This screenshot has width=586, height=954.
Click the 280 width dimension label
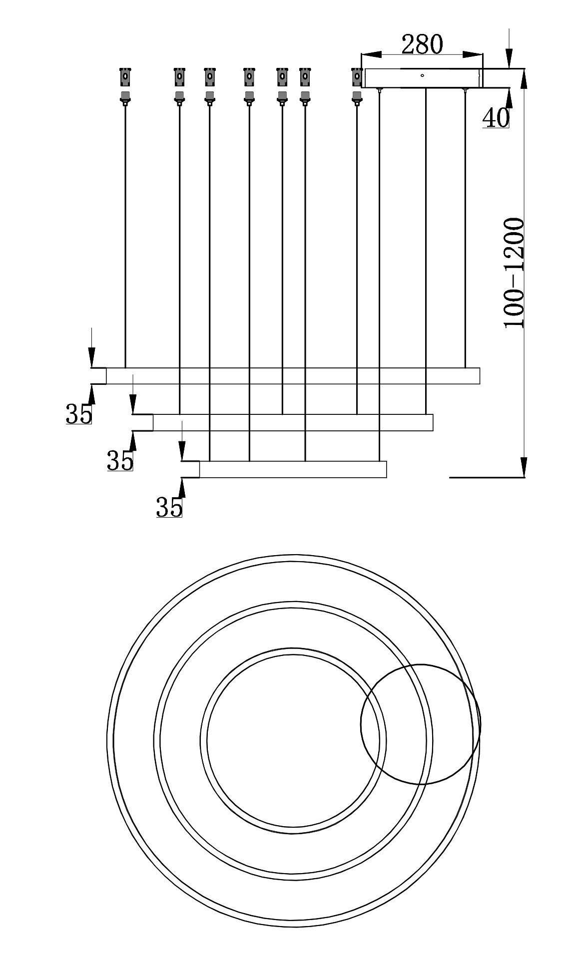pyautogui.click(x=422, y=44)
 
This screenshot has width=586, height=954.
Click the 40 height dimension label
pyautogui.click(x=496, y=118)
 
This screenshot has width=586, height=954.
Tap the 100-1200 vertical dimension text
pyautogui.click(x=514, y=273)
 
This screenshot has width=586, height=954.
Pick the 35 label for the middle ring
pyautogui.click(x=120, y=461)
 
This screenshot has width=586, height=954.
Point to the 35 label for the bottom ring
pyautogui.click(x=169, y=507)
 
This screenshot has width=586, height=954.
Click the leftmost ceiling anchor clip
pyautogui.click(x=125, y=76)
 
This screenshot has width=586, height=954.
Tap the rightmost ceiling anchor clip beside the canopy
pyautogui.click(x=357, y=76)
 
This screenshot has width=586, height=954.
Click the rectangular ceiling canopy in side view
pyautogui.click(x=422, y=78)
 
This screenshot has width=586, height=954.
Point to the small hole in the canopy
pyautogui.click(x=422, y=76)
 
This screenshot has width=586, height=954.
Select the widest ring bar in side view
pyautogui.click(x=293, y=376)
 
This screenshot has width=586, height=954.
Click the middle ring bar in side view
pyautogui.click(x=293, y=422)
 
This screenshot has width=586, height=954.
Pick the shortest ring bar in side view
pyautogui.click(x=293, y=469)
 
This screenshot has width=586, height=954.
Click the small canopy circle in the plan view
pyautogui.click(x=421, y=724)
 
